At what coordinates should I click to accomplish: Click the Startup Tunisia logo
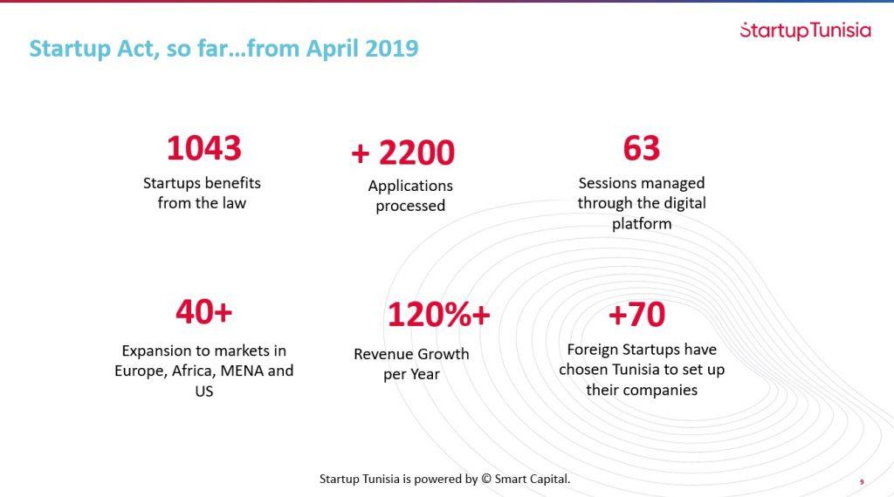[805, 31]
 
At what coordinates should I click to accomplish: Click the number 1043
[203, 148]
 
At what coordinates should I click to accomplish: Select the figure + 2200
[402, 153]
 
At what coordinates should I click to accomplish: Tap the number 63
[642, 148]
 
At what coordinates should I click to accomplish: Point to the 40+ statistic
[203, 311]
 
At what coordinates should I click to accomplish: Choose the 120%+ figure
[438, 315]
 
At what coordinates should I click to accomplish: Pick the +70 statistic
[636, 315]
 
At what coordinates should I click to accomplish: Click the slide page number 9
[862, 481]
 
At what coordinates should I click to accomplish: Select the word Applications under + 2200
[410, 186]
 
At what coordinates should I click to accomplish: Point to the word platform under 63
[642, 223]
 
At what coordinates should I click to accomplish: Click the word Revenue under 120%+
[385, 354]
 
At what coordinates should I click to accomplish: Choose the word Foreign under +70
[595, 350]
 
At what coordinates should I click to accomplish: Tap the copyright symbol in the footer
[486, 479]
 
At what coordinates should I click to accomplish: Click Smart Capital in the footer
[533, 479]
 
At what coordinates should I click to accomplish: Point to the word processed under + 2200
[410, 207]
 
